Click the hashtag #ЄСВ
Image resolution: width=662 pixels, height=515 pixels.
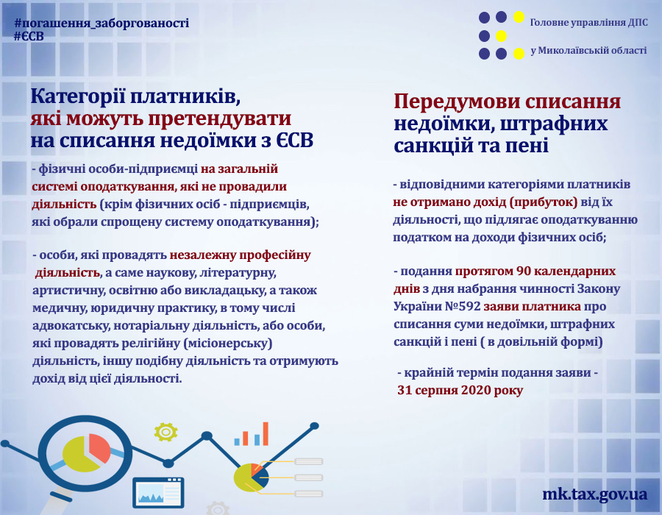(29, 36)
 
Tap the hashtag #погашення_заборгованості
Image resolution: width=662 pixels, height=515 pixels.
(102, 24)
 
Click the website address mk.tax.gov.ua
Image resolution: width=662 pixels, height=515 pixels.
(594, 494)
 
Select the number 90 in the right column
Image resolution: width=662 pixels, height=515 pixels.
(524, 271)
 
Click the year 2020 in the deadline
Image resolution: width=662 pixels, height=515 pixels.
(474, 390)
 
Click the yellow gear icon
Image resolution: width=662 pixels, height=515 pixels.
(165, 432)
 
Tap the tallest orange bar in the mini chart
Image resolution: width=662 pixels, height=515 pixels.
(265, 434)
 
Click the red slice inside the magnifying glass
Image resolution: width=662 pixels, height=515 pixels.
(99, 447)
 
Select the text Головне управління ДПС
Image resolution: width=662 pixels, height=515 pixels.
(588, 22)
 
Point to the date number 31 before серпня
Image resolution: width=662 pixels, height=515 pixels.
(404, 390)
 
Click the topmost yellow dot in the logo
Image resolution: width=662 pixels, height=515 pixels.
(519, 18)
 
